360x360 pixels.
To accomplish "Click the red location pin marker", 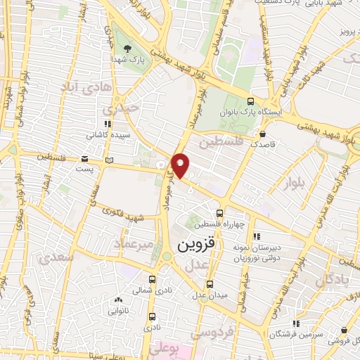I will click(x=181, y=165).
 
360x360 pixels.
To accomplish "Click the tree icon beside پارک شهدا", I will click(x=127, y=49).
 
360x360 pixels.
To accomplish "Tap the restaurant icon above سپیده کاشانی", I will click(x=108, y=124).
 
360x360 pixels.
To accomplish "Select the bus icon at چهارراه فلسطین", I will click(x=220, y=212).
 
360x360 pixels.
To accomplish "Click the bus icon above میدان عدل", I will click(x=211, y=284).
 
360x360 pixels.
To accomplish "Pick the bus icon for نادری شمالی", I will click(x=153, y=278).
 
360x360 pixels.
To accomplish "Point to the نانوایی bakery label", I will click(x=117, y=309).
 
